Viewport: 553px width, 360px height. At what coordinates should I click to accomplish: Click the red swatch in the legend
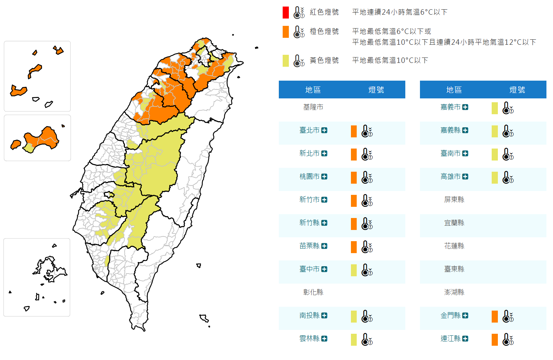point(285,12)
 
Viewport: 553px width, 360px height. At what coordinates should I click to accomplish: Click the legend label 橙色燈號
point(324,31)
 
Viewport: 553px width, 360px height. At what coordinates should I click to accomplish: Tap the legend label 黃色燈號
point(324,60)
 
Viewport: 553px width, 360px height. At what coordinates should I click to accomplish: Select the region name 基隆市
point(313,107)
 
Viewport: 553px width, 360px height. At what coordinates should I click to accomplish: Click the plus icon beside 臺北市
point(324,130)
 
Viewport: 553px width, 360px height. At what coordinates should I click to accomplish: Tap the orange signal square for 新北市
point(354,154)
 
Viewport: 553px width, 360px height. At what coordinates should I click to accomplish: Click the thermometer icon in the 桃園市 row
point(367,177)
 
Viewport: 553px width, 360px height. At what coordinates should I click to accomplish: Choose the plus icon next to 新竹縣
point(324,223)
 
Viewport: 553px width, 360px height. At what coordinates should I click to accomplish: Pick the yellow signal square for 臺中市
point(354,270)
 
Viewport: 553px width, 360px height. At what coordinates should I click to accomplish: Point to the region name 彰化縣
point(313,292)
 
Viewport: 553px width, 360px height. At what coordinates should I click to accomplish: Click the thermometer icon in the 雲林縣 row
point(367,340)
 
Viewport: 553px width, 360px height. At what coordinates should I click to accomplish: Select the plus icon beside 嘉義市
point(465,107)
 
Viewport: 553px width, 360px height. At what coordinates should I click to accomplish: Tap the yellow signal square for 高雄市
point(495,177)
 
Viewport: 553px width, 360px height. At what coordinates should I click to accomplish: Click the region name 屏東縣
point(454,199)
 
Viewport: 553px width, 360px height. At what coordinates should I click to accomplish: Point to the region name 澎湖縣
point(454,292)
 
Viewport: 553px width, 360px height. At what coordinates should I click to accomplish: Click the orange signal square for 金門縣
point(495,316)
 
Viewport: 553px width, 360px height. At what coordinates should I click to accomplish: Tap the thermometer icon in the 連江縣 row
point(508,340)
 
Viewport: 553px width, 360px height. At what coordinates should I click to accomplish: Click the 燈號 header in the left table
point(376,90)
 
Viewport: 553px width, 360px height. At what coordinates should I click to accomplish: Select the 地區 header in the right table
point(454,90)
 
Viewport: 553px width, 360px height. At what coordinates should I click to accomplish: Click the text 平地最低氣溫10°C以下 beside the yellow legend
point(390,60)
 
